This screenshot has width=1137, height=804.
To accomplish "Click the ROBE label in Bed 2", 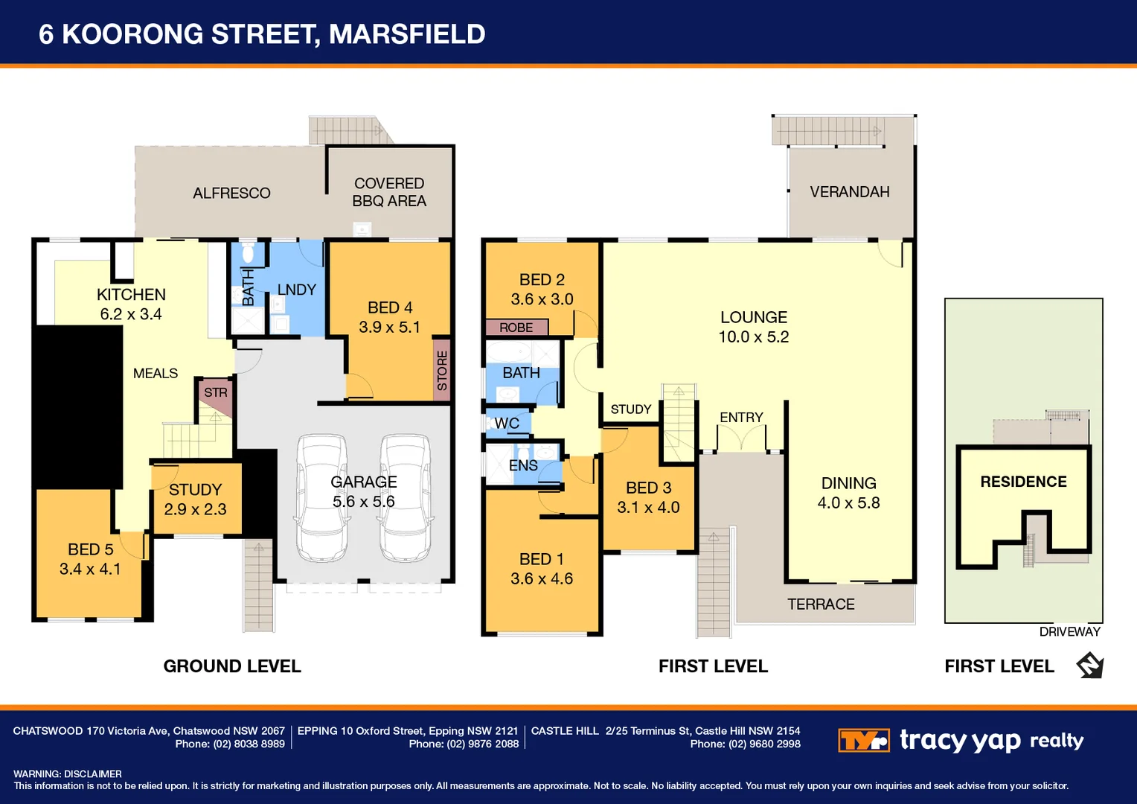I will (x=516, y=328).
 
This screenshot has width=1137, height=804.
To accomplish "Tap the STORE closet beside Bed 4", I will (x=442, y=370).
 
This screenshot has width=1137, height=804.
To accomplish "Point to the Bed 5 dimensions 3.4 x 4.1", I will (x=90, y=569).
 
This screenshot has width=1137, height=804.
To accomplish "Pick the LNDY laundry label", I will (x=296, y=290).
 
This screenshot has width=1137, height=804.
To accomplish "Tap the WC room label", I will (x=507, y=423).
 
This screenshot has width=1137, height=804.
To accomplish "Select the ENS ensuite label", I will (x=523, y=465).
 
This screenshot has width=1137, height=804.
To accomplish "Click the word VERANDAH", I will (x=849, y=192).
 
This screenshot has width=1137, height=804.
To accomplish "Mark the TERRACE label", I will (x=821, y=604).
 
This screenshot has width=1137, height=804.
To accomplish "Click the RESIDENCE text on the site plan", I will (x=1023, y=482).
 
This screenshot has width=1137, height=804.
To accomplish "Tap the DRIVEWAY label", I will (x=1069, y=632).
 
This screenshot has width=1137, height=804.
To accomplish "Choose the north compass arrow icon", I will (x=1090, y=665).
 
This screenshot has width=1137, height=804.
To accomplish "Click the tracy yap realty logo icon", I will (x=863, y=741).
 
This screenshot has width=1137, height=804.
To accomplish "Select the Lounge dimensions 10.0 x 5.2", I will (x=753, y=336).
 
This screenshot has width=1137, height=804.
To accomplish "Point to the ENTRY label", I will (x=741, y=418).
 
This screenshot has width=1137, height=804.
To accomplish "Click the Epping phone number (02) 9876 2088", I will (x=482, y=744).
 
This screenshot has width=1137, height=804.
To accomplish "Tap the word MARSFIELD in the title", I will (x=407, y=34).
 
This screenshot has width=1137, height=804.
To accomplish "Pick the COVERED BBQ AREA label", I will (x=389, y=192).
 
